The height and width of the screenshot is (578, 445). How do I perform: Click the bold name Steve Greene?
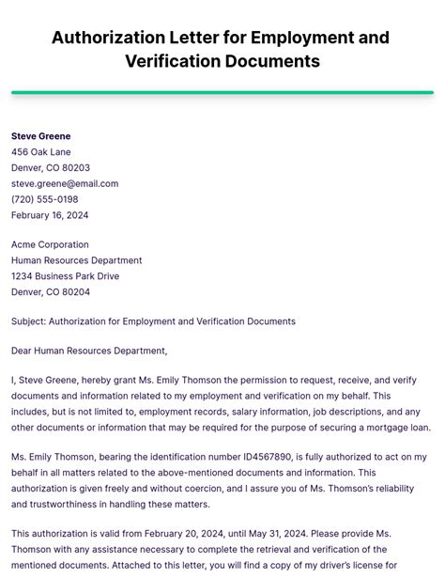point(40,136)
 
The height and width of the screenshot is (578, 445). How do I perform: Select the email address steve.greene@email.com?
point(65,183)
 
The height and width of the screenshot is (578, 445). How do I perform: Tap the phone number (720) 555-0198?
point(45,199)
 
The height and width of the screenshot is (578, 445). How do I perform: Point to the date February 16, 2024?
point(50,215)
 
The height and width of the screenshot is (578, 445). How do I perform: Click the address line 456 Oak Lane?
point(41,152)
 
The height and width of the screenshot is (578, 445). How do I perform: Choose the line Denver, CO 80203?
point(51,168)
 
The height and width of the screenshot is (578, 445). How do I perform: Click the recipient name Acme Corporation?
point(50,245)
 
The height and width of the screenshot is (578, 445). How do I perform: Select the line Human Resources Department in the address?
point(77,260)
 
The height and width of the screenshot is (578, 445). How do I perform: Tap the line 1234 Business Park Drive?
point(66,276)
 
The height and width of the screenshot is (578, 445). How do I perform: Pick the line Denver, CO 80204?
point(51,292)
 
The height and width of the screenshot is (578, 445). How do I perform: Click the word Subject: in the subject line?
point(28,321)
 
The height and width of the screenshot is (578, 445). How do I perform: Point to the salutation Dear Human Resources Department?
point(89,351)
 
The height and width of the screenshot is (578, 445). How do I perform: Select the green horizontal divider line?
point(222,92)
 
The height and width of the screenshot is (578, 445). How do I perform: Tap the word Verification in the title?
point(175,62)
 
